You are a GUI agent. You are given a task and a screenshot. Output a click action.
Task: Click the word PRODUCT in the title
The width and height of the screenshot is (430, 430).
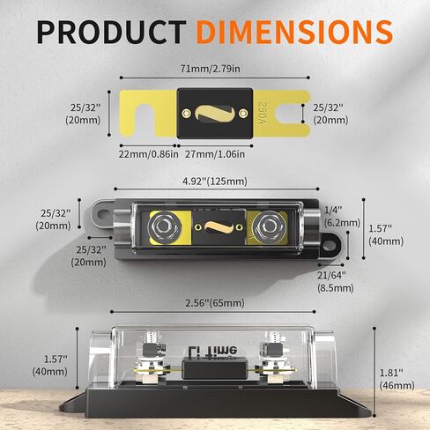112,32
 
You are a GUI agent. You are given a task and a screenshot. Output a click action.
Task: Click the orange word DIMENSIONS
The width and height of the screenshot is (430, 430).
294,32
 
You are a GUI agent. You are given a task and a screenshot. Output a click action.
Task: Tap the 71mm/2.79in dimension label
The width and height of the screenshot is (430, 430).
210,69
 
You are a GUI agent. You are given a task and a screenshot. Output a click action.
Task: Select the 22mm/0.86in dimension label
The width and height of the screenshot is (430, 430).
149,154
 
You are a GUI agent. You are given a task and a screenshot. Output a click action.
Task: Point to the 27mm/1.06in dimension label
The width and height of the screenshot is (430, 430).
215,154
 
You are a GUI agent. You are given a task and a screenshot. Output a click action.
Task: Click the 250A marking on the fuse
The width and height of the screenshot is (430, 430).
261,114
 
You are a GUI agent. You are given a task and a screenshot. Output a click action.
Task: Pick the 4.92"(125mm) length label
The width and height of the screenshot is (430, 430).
215,182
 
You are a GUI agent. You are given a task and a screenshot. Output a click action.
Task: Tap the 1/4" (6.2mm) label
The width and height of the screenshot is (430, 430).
342,217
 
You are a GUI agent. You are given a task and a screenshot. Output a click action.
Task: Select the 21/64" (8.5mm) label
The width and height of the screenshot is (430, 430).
335,282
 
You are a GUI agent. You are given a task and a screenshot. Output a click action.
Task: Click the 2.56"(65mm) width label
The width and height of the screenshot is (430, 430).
215,303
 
